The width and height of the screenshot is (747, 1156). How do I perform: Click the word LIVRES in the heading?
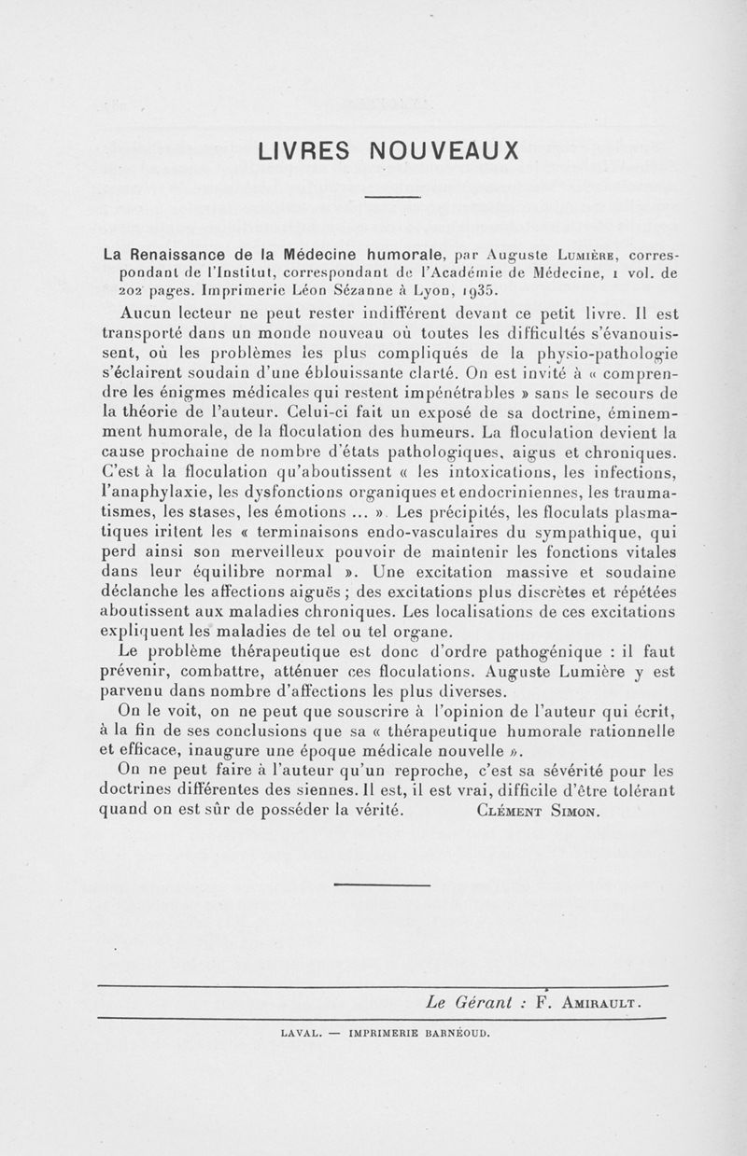pos(293,150)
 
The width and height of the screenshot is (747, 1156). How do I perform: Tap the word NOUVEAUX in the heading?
pos(444,150)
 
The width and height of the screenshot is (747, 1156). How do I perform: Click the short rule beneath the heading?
pos(392,196)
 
